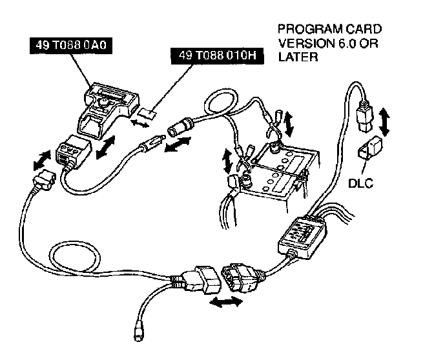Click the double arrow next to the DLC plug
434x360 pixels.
point(386,122)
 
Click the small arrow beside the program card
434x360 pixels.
point(138,121)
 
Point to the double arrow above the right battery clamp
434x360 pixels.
point(288,122)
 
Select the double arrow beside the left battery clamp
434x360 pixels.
point(228,161)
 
